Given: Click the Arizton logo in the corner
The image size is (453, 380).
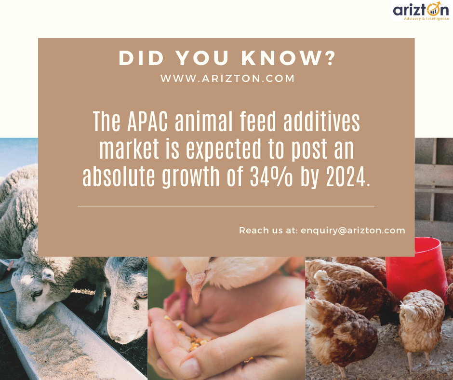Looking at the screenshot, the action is pyautogui.click(x=421, y=11).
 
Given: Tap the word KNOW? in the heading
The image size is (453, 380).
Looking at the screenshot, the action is pyautogui.click(x=288, y=58).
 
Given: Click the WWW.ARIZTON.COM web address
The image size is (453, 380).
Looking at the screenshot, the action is pyautogui.click(x=227, y=79).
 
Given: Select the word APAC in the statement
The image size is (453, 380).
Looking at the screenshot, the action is pyautogui.click(x=147, y=121).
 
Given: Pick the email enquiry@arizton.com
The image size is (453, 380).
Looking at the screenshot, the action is pyautogui.click(x=353, y=231).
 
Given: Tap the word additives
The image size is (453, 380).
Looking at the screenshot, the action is pyautogui.click(x=321, y=121).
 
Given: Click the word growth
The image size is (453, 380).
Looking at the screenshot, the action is pyautogui.click(x=191, y=177).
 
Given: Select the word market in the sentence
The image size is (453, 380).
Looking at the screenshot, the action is pyautogui.click(x=129, y=149).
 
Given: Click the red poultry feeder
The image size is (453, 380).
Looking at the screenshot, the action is pyautogui.click(x=416, y=269).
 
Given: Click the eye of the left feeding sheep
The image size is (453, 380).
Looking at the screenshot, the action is pyautogui.click(x=37, y=294).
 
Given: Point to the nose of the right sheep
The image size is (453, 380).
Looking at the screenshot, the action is pyautogui.click(x=116, y=337).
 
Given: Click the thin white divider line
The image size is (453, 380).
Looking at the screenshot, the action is pyautogui.click(x=226, y=206).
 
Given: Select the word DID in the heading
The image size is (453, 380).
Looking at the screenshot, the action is pyautogui.click(x=142, y=58).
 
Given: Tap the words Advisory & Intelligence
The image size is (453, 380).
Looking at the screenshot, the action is pyautogui.click(x=426, y=19).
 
